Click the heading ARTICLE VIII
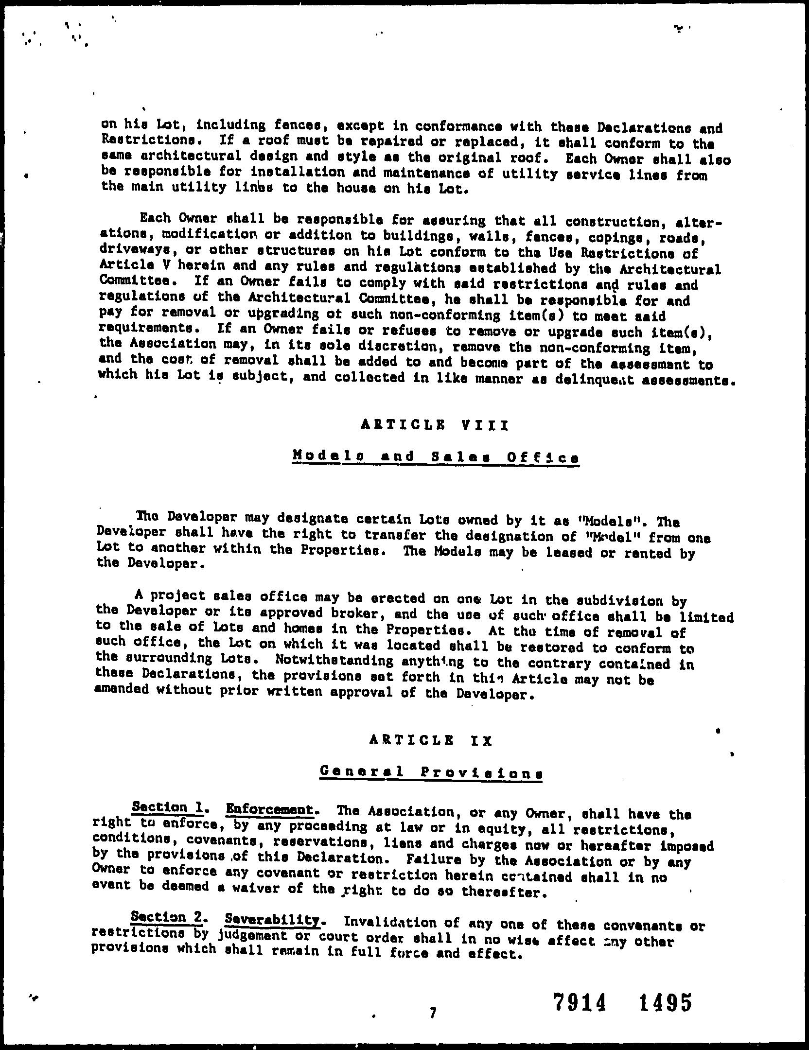pyautogui.click(x=435, y=425)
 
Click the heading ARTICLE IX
pyautogui.click(x=431, y=741)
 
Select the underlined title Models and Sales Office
pyautogui.click(x=436, y=457)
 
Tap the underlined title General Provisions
pyautogui.click(x=431, y=772)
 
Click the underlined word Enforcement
pyautogui.click(x=269, y=809)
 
